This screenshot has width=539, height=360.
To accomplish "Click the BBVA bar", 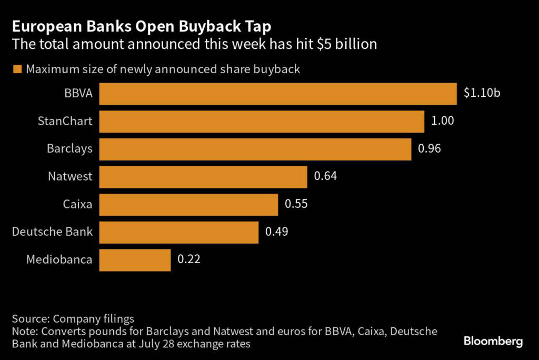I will pos(277,94).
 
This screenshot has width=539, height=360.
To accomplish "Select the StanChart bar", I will pos(262,122).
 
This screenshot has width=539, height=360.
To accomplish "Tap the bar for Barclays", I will pos(255,149).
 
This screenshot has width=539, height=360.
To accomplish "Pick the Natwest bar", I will pos(203,177).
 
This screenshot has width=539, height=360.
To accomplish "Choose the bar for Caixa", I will pos(188,205).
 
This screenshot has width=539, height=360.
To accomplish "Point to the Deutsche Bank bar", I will pos(179,232).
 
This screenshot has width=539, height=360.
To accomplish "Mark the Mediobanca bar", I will pos(135,260).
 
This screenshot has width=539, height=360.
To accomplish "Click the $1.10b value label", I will pos(482,93).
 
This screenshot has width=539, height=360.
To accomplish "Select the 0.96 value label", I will pos(429,149).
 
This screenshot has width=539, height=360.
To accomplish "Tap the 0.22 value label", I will pos(189,259).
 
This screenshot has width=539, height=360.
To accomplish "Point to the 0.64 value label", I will pos(325,176).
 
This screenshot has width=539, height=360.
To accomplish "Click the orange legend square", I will pos(17,69).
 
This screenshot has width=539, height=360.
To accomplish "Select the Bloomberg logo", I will pos(493,342).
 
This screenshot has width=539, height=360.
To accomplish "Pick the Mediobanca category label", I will pos(59,259).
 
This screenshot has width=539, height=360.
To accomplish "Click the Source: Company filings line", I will pos(73,318).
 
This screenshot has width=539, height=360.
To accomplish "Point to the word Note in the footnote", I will pos(24,332).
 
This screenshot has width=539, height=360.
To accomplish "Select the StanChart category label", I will pos(65,121).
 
